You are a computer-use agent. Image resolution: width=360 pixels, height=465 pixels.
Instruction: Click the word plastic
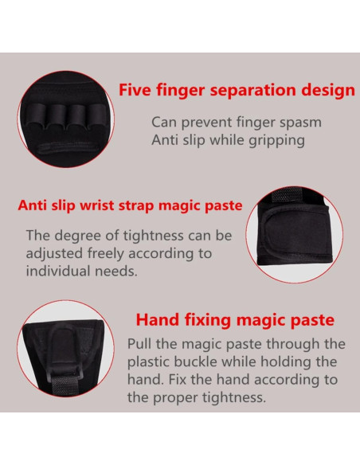[151, 361]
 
